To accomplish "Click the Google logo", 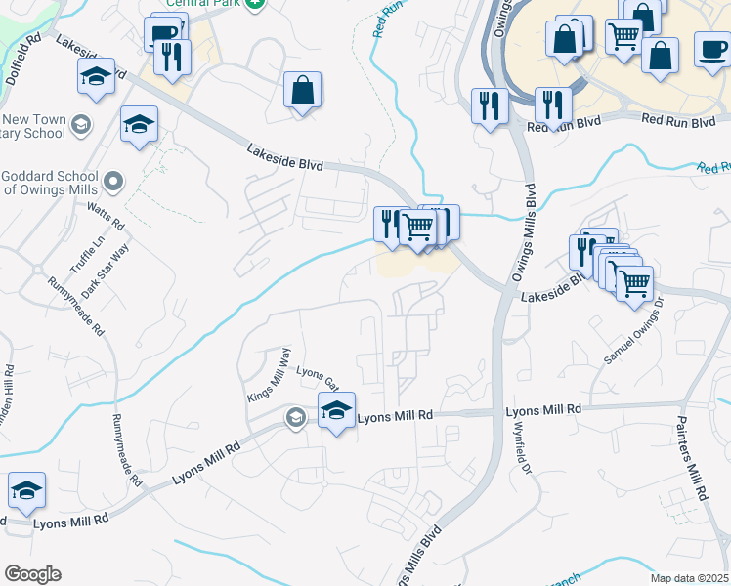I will pyautogui.click(x=32, y=574).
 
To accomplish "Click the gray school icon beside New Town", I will pyautogui.click(x=81, y=124).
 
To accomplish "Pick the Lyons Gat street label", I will pyautogui.click(x=317, y=376).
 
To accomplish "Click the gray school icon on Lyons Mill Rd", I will pyautogui.click(x=294, y=418).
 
